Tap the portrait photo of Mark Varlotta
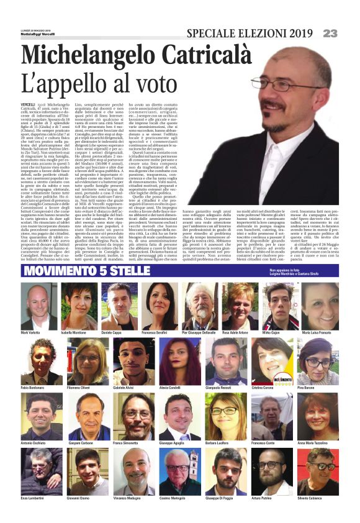pos(41,307)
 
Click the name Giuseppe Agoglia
pos(171,443)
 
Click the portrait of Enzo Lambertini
pos(41,472)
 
